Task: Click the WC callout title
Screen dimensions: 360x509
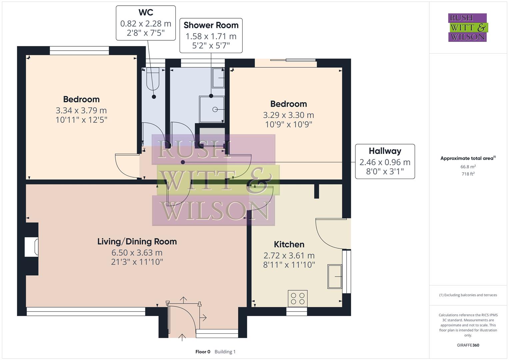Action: (146, 13)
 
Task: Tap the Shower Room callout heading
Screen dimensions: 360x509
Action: (211, 25)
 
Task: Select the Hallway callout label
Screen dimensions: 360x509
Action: (385, 151)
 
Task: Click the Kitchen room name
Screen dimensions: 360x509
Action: (289, 244)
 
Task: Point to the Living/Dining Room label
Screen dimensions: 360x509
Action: (137, 242)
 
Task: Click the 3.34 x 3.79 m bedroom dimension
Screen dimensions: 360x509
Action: (81, 110)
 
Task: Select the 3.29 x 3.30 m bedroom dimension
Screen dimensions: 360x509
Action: (288, 115)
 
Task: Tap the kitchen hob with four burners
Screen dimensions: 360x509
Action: (298, 298)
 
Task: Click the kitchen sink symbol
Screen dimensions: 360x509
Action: (335, 276)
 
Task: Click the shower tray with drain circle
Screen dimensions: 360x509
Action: (212, 109)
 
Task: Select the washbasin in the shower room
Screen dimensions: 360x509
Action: (218, 78)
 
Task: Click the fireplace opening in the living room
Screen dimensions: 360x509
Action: (31, 247)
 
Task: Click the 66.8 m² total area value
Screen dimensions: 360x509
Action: (468, 167)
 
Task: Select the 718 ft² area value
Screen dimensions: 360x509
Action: (468, 174)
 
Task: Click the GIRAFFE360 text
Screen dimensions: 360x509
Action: (468, 345)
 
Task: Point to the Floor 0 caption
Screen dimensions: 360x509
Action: (203, 352)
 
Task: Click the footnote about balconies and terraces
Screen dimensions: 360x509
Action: (468, 295)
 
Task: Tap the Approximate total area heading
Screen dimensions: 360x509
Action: (467, 158)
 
